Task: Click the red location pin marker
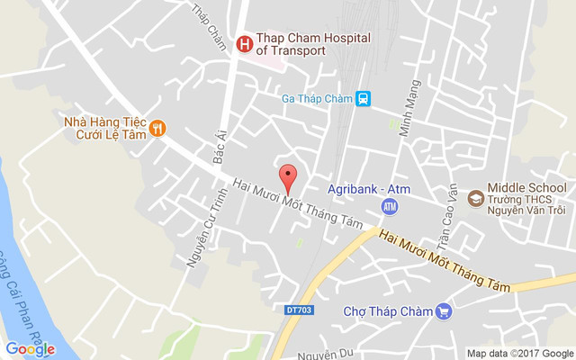tap(288, 178)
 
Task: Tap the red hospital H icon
tap(243, 43)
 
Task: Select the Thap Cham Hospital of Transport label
tap(291, 44)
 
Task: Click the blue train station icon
tap(362, 99)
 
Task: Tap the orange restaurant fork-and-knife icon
tap(157, 127)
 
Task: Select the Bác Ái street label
tap(218, 147)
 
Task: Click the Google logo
tap(30, 349)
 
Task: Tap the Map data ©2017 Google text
tap(519, 353)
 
